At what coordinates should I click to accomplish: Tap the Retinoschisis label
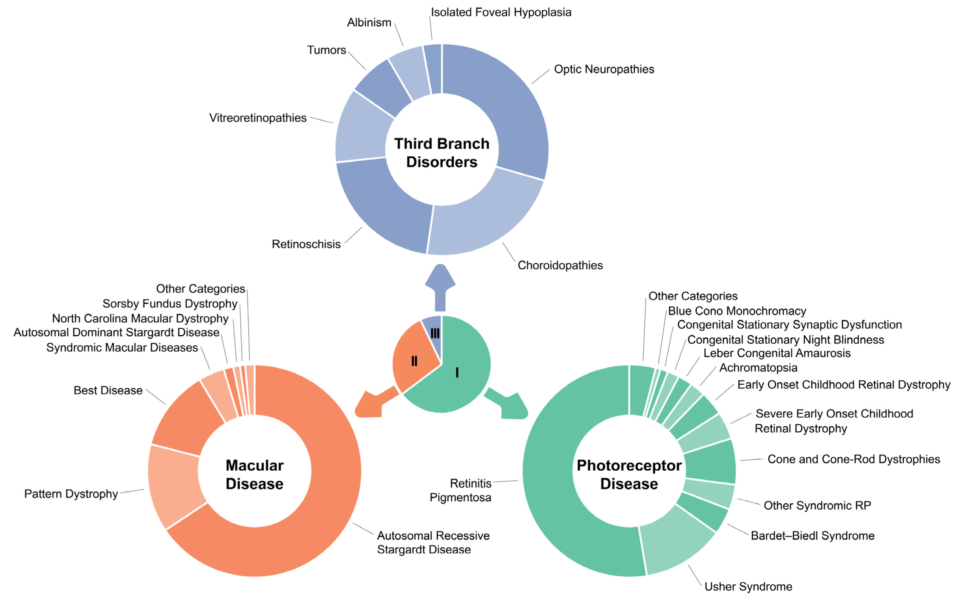306,244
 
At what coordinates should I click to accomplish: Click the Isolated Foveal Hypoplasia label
501,12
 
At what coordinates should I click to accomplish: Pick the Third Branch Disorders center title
441,153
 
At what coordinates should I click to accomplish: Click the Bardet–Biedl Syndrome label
812,536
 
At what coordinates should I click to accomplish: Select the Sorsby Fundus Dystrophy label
170,304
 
